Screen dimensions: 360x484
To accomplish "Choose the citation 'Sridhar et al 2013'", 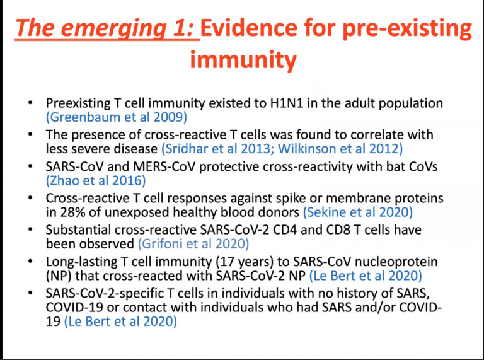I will pyautogui.click(x=208, y=148).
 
